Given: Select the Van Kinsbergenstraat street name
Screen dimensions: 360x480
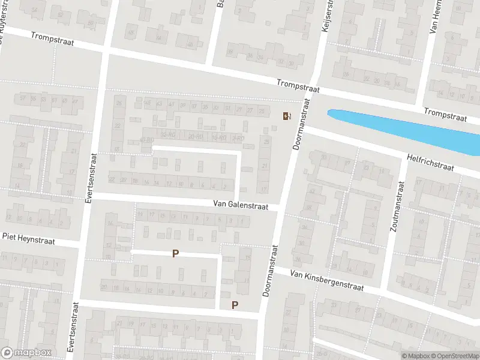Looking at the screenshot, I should pos(327,280).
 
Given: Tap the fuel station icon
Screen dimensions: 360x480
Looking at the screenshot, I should pos(286,116).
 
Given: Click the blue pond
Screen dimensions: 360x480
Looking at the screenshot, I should pos(408,128).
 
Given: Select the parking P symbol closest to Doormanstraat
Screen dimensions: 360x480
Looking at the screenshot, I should pos(235,305).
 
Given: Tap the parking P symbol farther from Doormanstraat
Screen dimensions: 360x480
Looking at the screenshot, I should pos(175,254).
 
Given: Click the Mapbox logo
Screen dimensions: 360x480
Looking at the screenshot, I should pos(26,352).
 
